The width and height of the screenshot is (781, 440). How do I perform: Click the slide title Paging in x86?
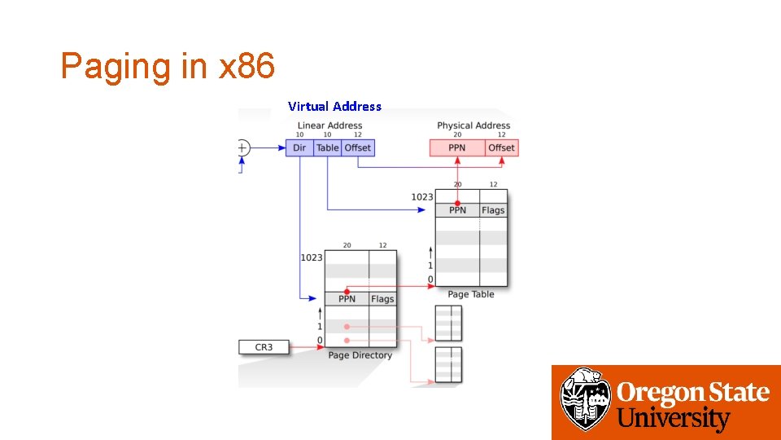[168, 66]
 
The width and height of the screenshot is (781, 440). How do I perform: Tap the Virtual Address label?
[334, 106]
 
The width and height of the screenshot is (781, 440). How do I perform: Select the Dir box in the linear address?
[299, 147]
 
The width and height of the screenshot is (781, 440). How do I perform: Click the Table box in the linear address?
[328, 147]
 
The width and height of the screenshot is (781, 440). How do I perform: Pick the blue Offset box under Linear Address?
[358, 147]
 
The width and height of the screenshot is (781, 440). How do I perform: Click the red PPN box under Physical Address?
[457, 147]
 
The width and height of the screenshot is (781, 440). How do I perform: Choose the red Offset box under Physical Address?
[501, 147]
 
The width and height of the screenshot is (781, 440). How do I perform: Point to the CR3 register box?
[264, 347]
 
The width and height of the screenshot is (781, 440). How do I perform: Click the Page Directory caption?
[360, 355]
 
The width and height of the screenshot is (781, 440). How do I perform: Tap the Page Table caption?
[471, 294]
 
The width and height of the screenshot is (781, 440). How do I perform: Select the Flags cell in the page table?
[493, 210]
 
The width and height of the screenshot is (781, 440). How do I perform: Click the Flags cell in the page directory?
[382, 299]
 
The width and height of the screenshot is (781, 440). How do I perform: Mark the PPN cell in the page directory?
[347, 299]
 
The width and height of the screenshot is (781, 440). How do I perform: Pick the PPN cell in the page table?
[457, 210]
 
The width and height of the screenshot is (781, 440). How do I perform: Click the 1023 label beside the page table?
[422, 196]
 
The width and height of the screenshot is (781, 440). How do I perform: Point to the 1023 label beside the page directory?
[312, 257]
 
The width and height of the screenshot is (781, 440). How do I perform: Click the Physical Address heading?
[473, 125]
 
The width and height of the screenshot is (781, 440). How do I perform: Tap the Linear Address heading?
[329, 125]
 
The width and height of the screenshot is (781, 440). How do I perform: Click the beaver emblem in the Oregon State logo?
[586, 399]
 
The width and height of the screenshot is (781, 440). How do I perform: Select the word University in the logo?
[674, 419]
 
